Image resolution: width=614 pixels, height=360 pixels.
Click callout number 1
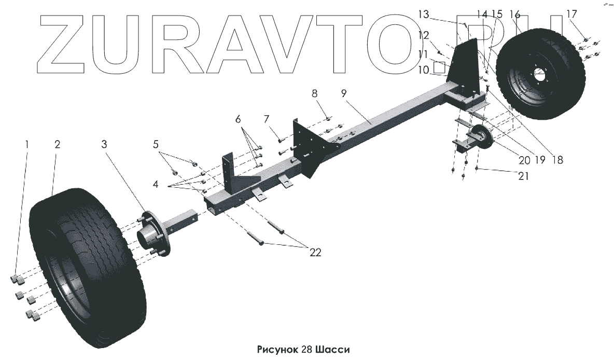[27, 145]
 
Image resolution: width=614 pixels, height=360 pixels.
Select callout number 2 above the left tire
[57, 145]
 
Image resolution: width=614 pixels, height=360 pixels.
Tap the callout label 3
[104, 145]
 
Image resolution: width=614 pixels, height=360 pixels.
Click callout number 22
[315, 253]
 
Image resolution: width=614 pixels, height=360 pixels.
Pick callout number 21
[523, 176]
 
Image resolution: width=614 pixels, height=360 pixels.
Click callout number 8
[314, 94]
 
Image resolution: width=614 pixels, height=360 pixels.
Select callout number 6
[238, 119]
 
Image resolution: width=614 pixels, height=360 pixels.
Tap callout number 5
[156, 144]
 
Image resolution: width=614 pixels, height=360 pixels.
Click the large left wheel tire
[86, 270]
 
